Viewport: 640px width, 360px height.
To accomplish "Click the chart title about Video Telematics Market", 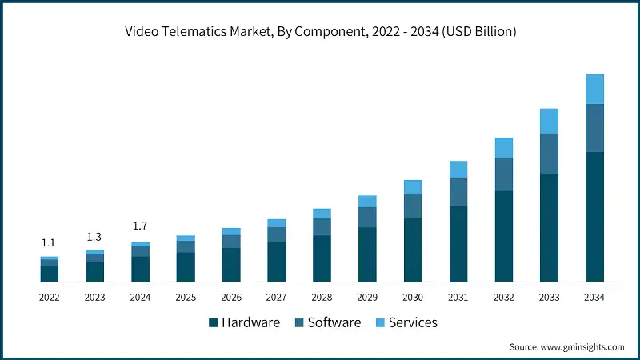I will [320, 32].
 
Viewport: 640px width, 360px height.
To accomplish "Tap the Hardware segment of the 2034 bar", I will [594, 216].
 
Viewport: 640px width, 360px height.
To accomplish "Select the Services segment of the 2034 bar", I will [594, 89].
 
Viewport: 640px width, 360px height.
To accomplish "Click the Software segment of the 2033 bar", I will [549, 154].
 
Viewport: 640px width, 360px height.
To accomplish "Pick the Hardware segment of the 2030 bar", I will [413, 250].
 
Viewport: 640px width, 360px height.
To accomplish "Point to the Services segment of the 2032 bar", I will [503, 148].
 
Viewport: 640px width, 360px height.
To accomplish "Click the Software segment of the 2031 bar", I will [458, 192].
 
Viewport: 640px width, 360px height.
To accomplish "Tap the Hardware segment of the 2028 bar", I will [322, 258].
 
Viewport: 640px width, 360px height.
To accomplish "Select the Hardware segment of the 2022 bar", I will [50, 274].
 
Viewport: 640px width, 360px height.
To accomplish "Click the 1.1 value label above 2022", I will [49, 243].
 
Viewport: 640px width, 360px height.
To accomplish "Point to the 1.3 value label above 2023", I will [94, 237].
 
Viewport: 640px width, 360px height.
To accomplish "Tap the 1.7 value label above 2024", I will [140, 226].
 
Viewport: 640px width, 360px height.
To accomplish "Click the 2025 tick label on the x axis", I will [186, 297].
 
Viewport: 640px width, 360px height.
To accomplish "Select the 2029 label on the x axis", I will [367, 297].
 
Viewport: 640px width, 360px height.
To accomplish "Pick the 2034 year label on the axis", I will [594, 297].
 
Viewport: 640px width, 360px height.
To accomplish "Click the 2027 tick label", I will [277, 297].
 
